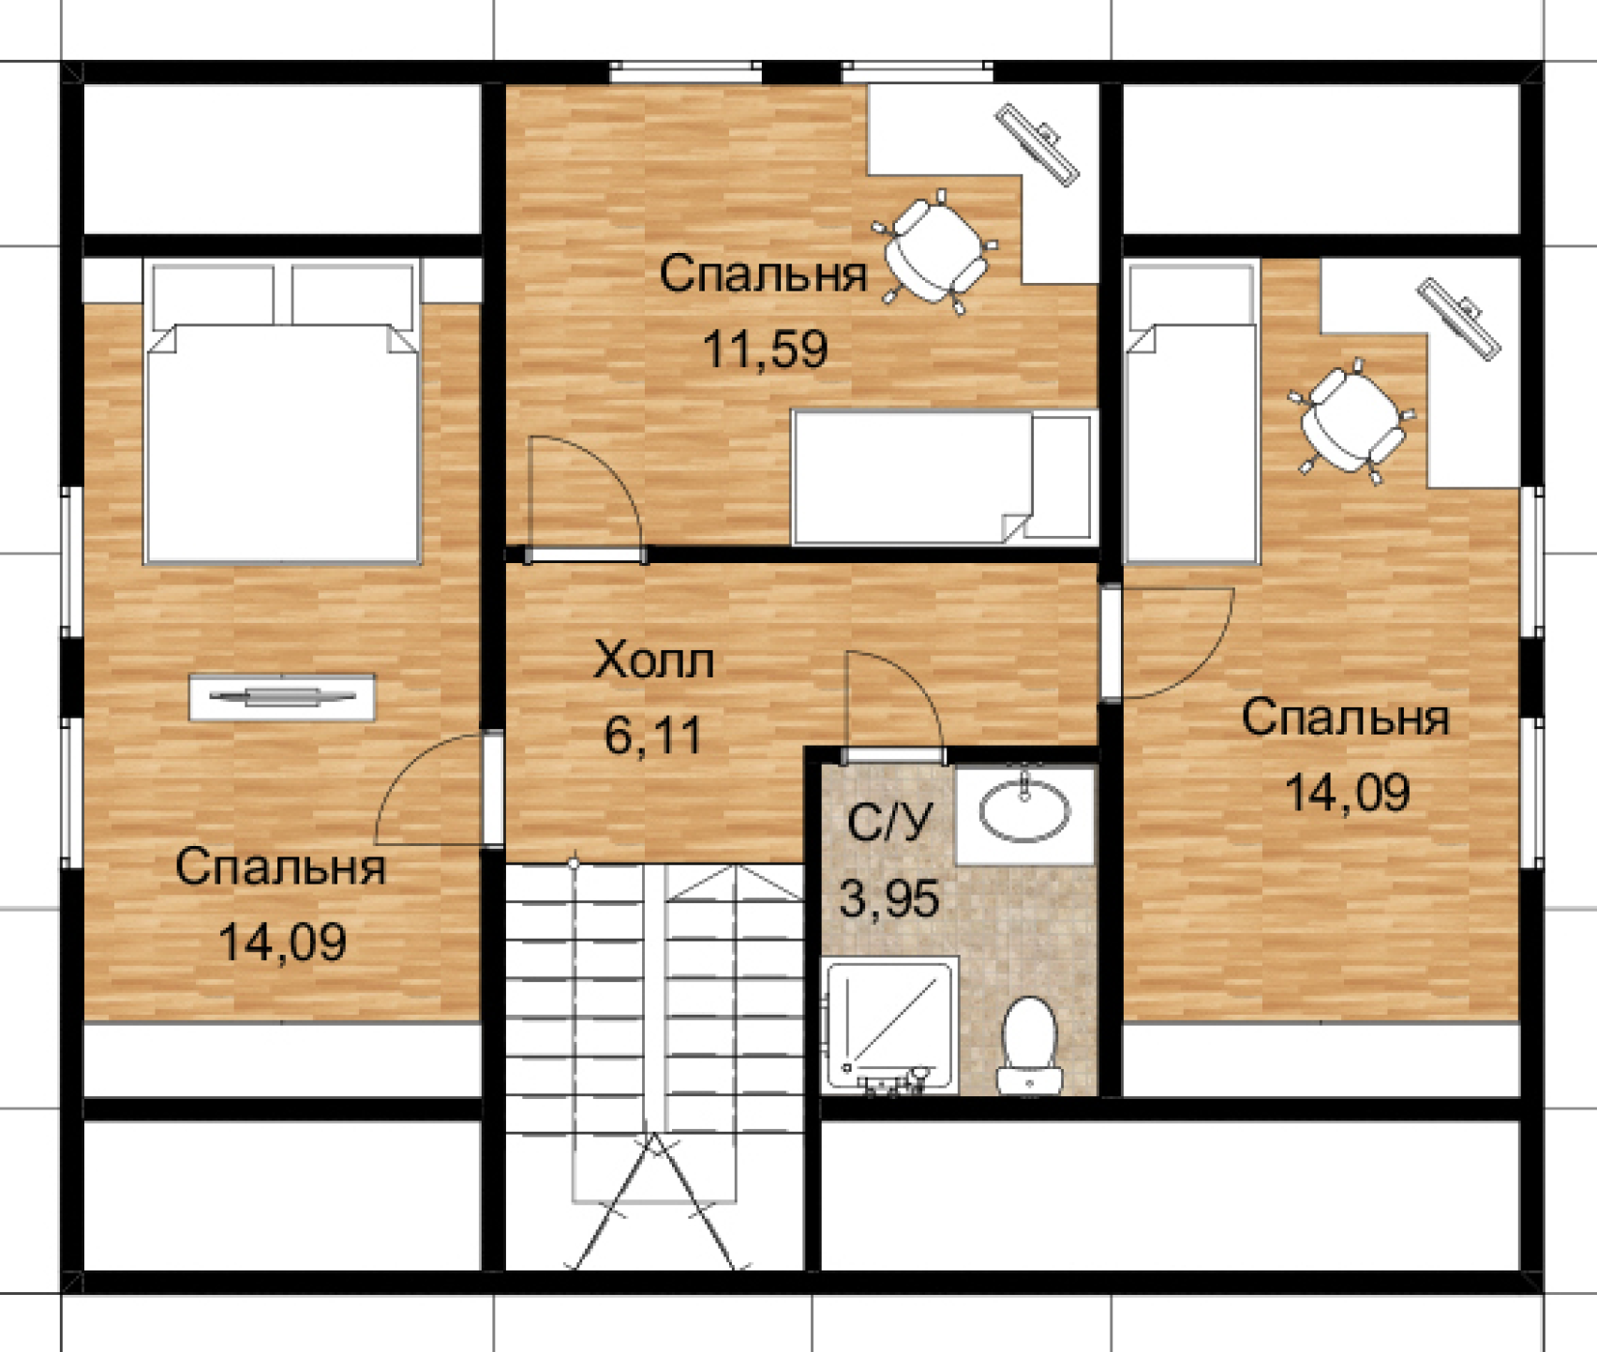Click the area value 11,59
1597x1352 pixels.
[x=765, y=350]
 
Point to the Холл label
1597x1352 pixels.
[x=653, y=661]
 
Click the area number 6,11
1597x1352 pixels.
[x=653, y=735]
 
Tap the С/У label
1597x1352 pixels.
[x=890, y=824]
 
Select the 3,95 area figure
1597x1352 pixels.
[x=888, y=899]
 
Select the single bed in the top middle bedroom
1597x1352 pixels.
[x=944, y=477]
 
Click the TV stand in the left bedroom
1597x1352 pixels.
[x=282, y=697]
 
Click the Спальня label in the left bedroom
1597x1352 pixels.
[x=280, y=868]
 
